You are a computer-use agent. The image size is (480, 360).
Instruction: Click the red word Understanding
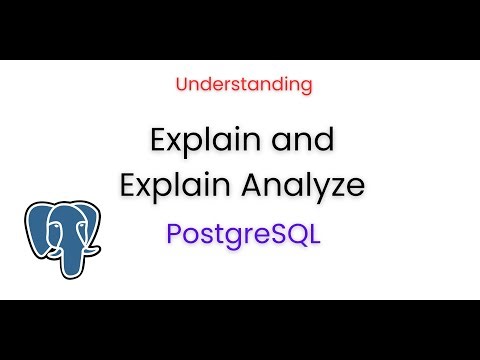[x=244, y=85]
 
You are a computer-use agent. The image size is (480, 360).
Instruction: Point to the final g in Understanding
[x=306, y=87]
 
